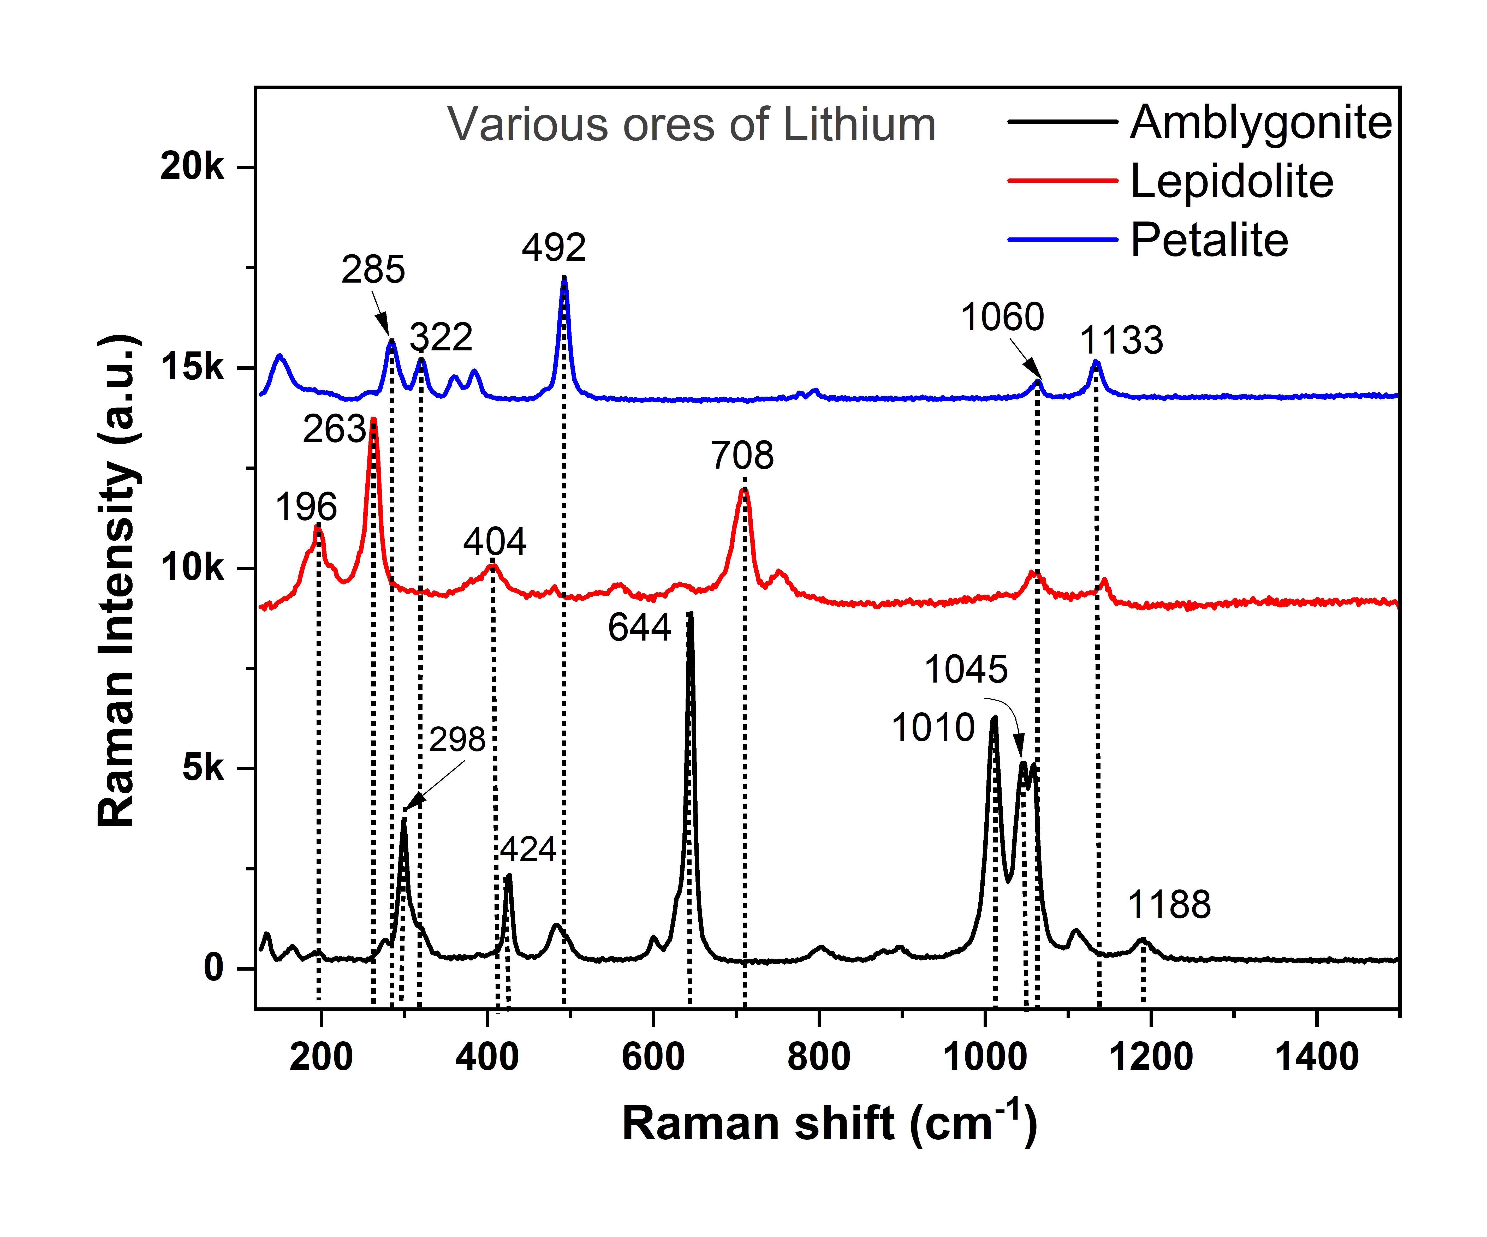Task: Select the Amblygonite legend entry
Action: (x=1200, y=122)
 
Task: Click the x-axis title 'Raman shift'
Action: (x=758, y=1124)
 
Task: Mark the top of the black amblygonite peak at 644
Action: (x=691, y=613)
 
